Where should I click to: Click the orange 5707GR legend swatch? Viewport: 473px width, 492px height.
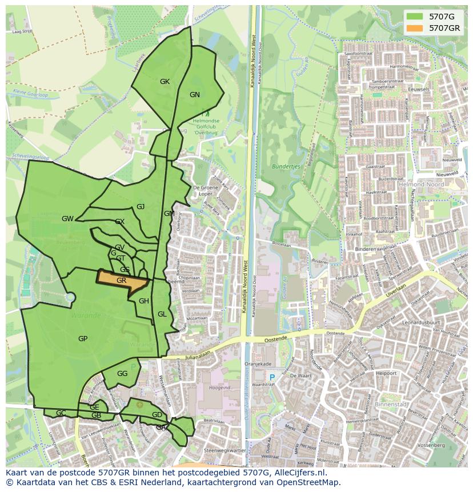[x=415, y=28]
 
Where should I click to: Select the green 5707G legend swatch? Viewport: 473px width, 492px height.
[x=415, y=17]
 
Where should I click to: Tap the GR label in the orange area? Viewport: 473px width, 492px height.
[x=121, y=281]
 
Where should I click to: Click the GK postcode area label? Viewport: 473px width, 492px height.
[x=165, y=82]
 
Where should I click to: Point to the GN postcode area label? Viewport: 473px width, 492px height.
[x=195, y=95]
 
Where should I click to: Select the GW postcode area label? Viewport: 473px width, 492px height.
[x=67, y=219]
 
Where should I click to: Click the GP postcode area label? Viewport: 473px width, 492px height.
[x=83, y=339]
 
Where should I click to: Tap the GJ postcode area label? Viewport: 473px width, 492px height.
[x=141, y=207]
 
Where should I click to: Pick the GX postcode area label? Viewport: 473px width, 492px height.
[x=119, y=222]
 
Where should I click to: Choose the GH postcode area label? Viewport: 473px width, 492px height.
[x=144, y=301]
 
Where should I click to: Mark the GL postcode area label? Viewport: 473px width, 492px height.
[x=162, y=314]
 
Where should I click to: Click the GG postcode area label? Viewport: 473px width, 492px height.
[x=122, y=374]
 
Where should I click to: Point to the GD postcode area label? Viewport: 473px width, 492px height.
[x=157, y=415]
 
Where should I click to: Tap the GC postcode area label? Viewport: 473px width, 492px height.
[x=61, y=413]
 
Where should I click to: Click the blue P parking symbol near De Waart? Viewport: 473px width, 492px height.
[x=272, y=377]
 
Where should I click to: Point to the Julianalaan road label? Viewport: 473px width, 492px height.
[x=198, y=354]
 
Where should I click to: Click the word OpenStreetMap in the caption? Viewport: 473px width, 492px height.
[x=311, y=482]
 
